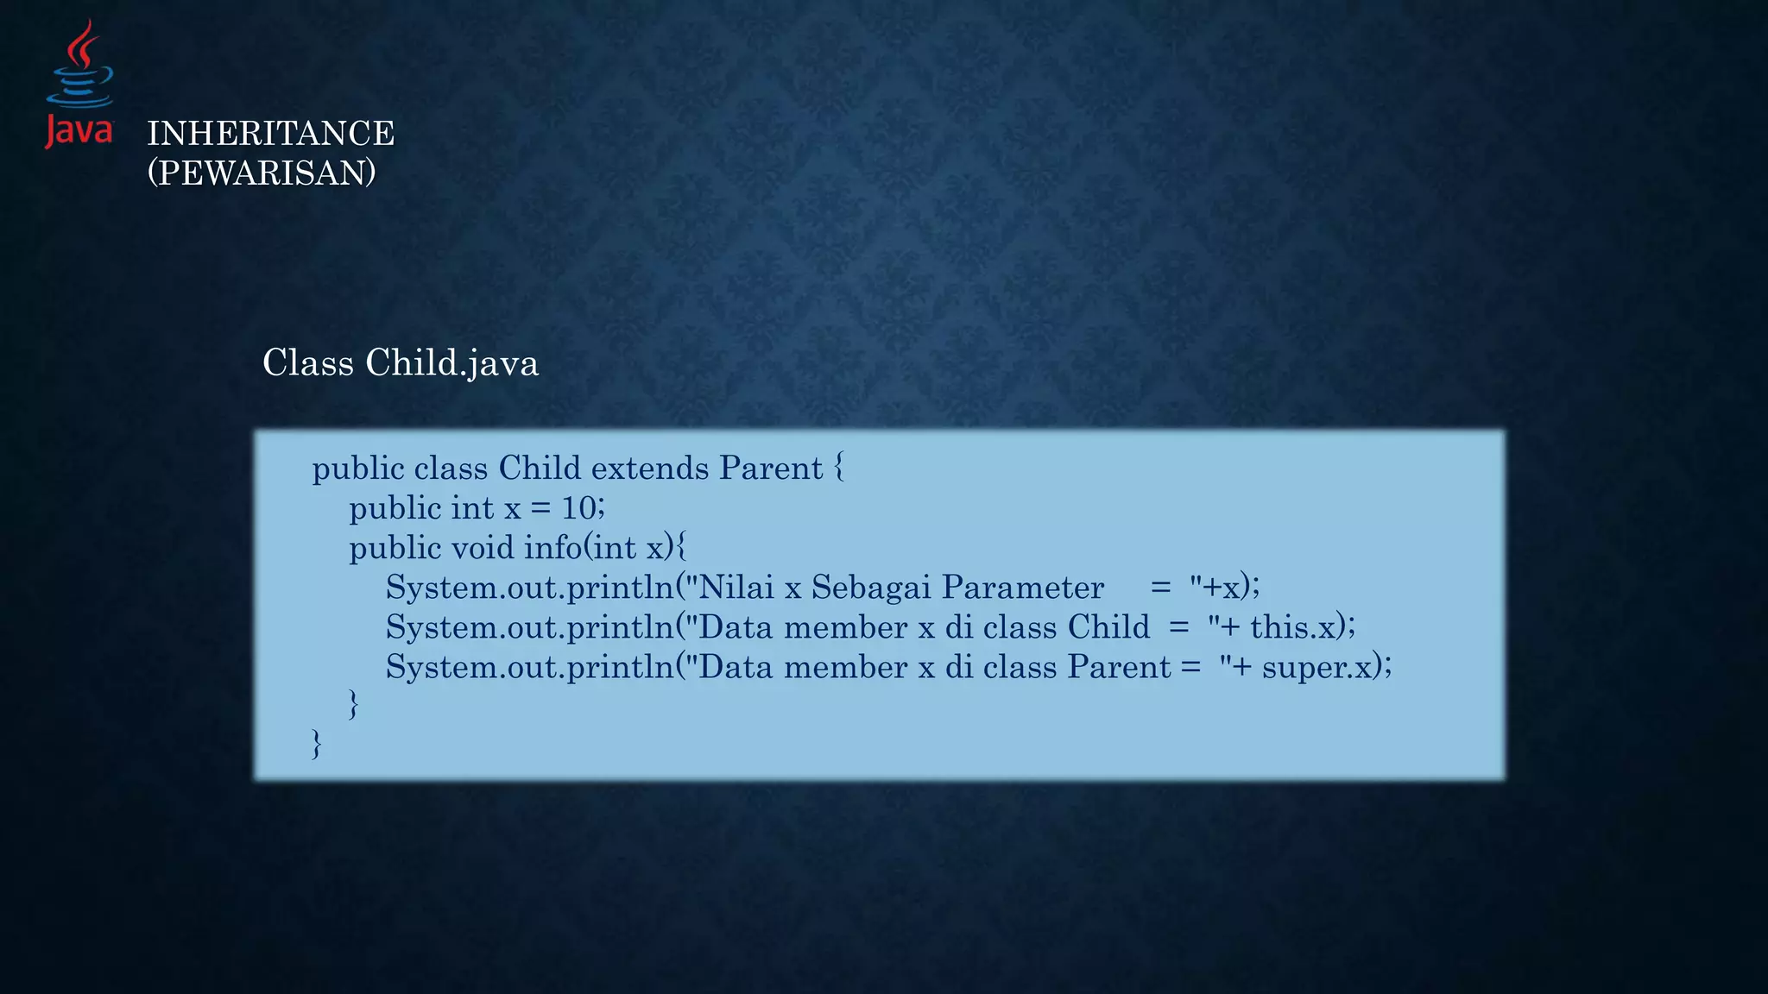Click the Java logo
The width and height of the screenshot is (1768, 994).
79,85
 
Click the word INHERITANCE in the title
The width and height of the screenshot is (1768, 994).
270,134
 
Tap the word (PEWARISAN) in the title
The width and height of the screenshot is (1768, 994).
262,173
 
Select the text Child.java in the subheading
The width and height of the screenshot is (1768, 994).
451,363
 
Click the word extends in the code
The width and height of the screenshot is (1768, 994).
650,469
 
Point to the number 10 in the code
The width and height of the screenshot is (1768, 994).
579,508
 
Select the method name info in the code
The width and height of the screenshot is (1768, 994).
552,548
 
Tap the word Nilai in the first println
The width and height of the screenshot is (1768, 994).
736,588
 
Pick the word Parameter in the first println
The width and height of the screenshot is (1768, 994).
1023,588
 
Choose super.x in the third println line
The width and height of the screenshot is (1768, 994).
1317,667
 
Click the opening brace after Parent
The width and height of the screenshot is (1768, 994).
839,469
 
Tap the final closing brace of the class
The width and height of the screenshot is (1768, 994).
317,744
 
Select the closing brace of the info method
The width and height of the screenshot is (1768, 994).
353,704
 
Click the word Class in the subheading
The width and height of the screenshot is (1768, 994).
308,363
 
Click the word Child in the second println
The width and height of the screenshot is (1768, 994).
1108,627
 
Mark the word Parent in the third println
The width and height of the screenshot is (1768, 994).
1119,667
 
